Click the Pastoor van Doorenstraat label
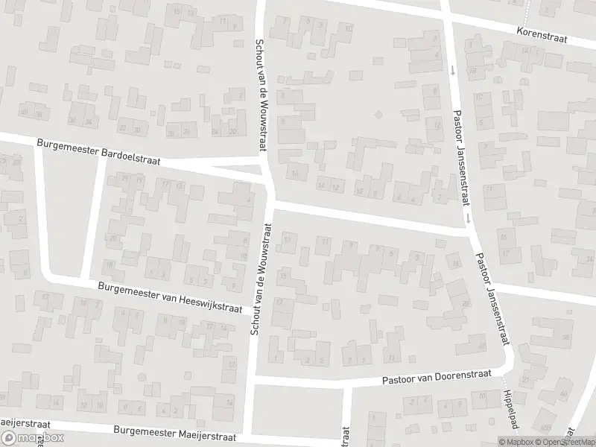436,379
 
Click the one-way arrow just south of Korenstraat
452,72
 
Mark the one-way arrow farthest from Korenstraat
468,218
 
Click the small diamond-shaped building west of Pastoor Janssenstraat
378,115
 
